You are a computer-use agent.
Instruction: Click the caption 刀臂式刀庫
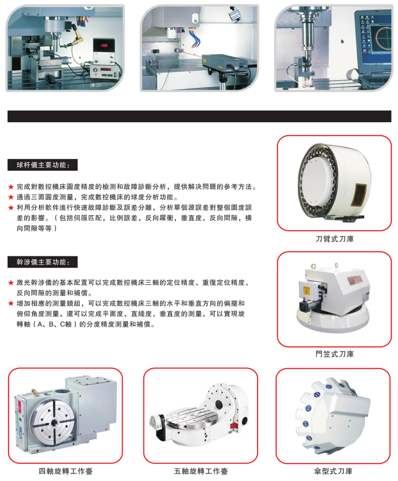point(335,239)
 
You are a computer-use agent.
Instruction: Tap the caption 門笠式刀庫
point(335,354)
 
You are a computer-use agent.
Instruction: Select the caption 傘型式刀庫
point(333,471)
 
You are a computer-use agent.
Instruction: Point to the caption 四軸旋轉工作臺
point(66,471)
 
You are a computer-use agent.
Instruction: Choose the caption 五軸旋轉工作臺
point(201,471)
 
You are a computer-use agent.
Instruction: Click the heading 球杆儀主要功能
point(43,165)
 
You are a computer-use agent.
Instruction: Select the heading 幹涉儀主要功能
point(43,262)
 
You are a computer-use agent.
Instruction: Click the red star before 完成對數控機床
point(11,187)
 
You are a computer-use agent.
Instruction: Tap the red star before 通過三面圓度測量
point(11,197)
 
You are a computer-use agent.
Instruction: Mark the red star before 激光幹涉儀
point(11,283)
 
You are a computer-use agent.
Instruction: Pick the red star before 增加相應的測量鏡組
point(11,304)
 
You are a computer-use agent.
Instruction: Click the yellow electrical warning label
point(306,290)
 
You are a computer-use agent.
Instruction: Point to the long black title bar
point(199,116)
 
